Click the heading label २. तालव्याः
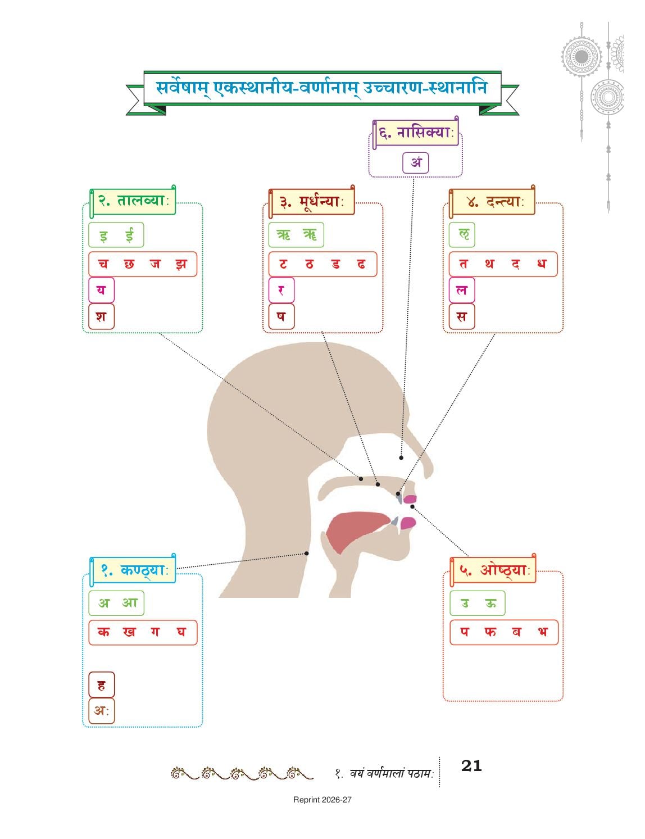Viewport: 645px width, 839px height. [x=133, y=201]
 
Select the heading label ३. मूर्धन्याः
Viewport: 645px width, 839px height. [x=311, y=202]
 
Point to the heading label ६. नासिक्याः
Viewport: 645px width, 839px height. [x=416, y=133]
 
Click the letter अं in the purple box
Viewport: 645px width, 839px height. [x=416, y=162]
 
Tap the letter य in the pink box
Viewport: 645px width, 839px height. [x=101, y=289]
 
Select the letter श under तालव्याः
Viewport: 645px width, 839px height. [x=101, y=316]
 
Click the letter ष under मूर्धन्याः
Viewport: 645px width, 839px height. [x=281, y=316]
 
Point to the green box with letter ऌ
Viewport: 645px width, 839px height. [x=462, y=235]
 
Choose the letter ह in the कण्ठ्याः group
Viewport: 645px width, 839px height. [x=101, y=685]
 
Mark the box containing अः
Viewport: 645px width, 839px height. [x=102, y=711]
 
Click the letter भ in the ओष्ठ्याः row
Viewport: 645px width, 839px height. [x=542, y=632]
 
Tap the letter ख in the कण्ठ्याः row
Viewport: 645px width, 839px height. [x=129, y=632]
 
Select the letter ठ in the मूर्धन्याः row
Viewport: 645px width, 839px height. [x=309, y=264]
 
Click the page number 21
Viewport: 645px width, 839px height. [x=471, y=765]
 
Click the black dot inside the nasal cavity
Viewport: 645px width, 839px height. [x=401, y=457]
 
